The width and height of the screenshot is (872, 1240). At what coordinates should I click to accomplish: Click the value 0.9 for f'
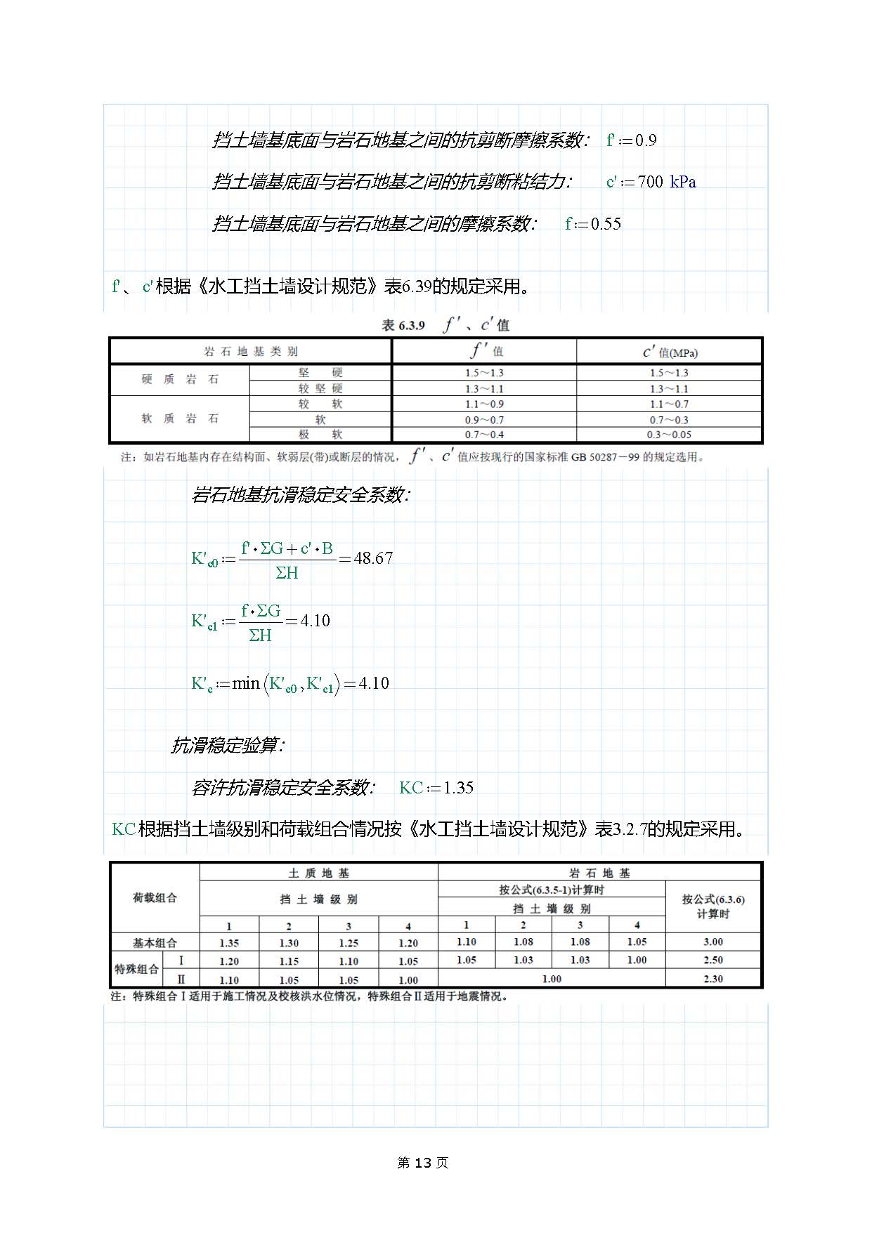pyautogui.click(x=646, y=140)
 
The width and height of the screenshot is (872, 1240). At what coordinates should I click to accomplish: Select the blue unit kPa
pyautogui.click(x=682, y=182)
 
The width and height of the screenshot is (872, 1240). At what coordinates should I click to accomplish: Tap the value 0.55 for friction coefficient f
pyautogui.click(x=606, y=224)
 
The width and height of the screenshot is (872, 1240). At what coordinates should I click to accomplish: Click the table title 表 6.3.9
pyautogui.click(x=403, y=325)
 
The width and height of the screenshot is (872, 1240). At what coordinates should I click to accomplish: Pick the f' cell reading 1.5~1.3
pyautogui.click(x=484, y=373)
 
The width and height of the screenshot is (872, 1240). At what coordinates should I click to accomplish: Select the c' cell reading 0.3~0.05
pyautogui.click(x=669, y=435)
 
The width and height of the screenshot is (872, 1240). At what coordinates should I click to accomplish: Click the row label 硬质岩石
pyautogui.click(x=180, y=379)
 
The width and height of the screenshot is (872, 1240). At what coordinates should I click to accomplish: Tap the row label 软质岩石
pyautogui.click(x=180, y=418)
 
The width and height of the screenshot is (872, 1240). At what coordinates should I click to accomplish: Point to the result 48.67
pyautogui.click(x=373, y=558)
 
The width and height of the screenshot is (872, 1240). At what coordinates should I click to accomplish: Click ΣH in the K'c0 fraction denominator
pyautogui.click(x=287, y=573)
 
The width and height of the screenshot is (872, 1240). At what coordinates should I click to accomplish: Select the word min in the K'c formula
pyautogui.click(x=246, y=683)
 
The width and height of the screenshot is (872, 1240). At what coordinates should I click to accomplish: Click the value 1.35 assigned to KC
pyautogui.click(x=458, y=788)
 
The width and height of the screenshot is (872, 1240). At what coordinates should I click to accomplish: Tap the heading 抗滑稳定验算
pyautogui.click(x=226, y=746)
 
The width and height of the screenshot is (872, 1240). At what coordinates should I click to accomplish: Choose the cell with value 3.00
pyautogui.click(x=712, y=942)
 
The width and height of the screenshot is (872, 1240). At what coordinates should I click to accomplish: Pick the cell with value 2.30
pyautogui.click(x=712, y=979)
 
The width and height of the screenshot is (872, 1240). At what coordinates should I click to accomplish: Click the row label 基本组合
pyautogui.click(x=155, y=942)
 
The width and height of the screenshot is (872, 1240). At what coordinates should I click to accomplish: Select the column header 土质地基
pyautogui.click(x=319, y=873)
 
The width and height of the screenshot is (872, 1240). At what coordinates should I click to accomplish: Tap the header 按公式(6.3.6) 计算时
pyautogui.click(x=712, y=906)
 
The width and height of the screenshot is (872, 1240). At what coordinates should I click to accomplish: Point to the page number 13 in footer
pyautogui.click(x=422, y=1163)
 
